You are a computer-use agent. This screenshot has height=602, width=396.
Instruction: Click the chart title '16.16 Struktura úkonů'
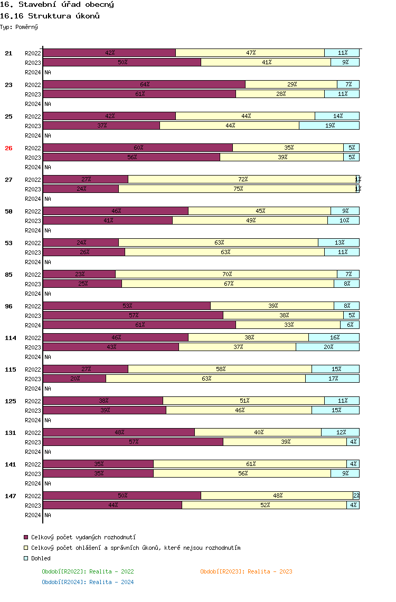click(x=50, y=16)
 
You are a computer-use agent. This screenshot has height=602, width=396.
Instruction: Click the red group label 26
click(x=8, y=148)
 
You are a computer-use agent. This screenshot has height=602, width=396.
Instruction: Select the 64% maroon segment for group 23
click(x=144, y=84)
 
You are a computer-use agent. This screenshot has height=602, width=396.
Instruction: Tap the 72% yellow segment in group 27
click(x=242, y=179)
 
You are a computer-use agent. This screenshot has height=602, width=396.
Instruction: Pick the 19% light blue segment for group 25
click(x=329, y=125)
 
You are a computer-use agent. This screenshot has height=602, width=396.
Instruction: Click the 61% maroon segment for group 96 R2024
click(x=139, y=325)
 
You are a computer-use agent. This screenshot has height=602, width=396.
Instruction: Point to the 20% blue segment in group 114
click(x=327, y=347)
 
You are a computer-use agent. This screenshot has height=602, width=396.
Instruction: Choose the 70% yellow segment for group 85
click(x=227, y=274)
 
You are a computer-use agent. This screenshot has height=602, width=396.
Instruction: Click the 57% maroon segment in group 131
click(x=133, y=442)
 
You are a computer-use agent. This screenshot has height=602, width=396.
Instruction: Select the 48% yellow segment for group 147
click(x=277, y=496)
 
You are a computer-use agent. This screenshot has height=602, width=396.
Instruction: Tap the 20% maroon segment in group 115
click(x=74, y=378)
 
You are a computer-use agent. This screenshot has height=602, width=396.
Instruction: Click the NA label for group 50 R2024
click(x=48, y=230)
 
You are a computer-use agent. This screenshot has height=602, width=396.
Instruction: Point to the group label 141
click(x=11, y=464)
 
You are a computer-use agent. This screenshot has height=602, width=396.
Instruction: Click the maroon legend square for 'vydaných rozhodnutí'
click(x=26, y=537)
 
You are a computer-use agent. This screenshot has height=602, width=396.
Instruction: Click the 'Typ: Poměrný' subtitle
click(x=19, y=26)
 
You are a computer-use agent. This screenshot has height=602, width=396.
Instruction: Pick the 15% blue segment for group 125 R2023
click(x=335, y=410)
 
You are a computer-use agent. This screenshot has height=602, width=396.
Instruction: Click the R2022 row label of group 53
click(x=33, y=243)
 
